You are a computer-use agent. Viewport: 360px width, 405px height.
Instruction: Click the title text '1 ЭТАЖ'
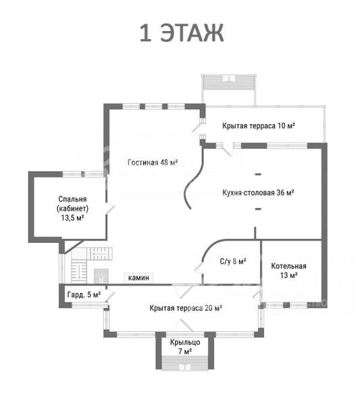(182, 33)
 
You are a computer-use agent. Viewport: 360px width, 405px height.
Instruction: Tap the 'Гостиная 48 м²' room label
(153, 163)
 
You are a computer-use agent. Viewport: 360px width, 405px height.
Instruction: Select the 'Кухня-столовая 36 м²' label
(258, 192)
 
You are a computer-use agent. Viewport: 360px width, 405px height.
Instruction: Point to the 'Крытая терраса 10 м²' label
(259, 126)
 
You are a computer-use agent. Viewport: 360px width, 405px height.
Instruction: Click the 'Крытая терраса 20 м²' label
(186, 308)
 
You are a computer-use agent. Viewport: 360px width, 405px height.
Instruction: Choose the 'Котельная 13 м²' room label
(288, 271)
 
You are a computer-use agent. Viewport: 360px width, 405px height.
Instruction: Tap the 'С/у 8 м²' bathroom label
(233, 261)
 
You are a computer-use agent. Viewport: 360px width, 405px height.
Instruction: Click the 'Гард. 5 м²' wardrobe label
(84, 295)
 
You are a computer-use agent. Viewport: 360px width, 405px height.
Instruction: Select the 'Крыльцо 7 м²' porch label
(185, 347)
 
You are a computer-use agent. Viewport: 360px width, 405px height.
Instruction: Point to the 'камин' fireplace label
(138, 277)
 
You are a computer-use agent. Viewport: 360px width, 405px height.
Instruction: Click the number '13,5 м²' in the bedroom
(73, 218)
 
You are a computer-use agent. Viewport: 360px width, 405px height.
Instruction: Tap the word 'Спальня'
(72, 199)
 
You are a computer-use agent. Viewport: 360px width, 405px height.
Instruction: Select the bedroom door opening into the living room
(109, 209)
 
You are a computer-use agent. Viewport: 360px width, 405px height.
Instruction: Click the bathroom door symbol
(199, 267)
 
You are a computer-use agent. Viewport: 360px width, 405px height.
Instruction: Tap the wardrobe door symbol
(110, 296)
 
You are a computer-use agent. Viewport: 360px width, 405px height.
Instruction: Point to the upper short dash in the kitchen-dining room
(258, 174)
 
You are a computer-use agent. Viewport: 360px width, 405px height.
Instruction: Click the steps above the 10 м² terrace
(229, 82)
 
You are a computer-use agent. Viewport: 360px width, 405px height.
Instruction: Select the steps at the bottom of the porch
(185, 363)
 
